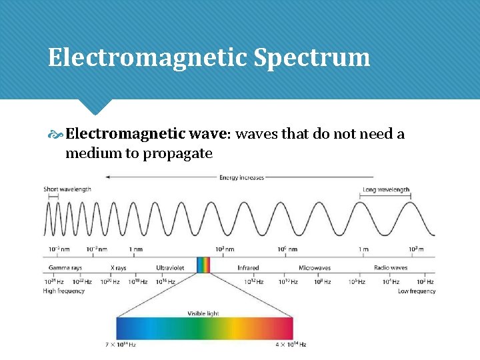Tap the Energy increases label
click(241, 177)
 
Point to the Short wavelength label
click(67, 189)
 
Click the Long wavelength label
click(385, 189)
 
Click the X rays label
click(118, 268)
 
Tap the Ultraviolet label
click(170, 268)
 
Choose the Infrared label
click(248, 268)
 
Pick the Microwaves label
click(314, 268)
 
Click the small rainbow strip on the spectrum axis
click(203, 265)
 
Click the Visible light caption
click(203, 313)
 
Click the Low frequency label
click(416, 291)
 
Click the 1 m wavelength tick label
click(363, 249)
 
